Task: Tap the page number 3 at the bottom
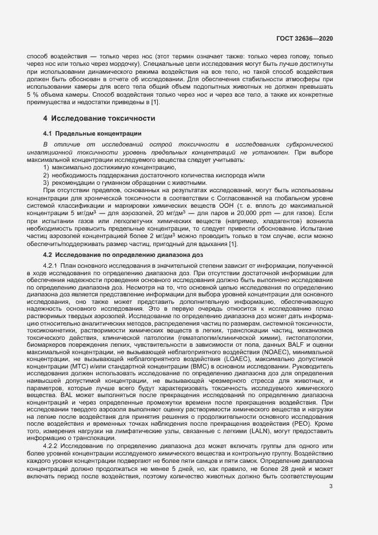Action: (x=331, y=487)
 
